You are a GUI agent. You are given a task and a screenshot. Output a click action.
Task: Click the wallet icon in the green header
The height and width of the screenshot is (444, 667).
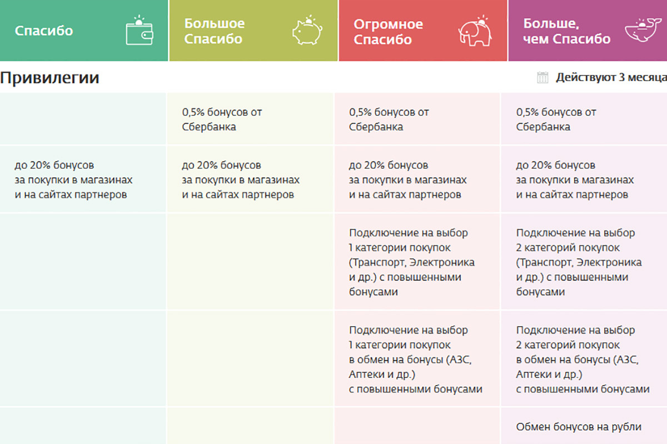pos(140,31)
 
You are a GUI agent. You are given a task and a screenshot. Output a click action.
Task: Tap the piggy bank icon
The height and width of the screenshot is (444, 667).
pos(307,31)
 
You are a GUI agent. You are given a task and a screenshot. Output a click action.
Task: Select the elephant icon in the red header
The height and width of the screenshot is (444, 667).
pos(475,31)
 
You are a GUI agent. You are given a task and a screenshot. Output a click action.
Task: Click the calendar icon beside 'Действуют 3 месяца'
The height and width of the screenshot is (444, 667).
pos(542,78)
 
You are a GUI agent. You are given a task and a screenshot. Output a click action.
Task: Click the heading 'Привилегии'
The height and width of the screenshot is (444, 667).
pos(50,78)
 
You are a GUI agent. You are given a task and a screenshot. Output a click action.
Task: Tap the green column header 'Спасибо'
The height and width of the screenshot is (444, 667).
pos(44,31)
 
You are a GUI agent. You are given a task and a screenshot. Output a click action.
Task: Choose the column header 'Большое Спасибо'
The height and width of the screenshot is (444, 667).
pos(215,31)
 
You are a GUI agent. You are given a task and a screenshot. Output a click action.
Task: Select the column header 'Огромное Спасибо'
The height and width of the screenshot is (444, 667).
pos(388,32)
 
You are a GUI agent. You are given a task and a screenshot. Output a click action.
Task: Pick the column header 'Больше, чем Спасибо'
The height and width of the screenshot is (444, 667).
pos(566,31)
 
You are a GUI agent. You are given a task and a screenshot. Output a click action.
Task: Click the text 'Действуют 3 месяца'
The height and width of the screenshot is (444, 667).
pos(611,78)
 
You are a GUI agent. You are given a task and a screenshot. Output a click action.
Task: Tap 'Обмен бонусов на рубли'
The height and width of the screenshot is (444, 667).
pos(579,427)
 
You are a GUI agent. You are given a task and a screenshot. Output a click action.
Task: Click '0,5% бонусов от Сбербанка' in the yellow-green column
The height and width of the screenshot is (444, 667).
pos(222,119)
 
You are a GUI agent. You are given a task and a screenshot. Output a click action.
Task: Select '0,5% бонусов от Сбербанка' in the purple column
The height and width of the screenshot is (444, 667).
pos(556,119)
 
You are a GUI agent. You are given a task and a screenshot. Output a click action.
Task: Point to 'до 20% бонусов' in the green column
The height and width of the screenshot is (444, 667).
pos(54,165)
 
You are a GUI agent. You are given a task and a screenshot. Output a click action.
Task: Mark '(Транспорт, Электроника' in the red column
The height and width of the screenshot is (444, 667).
pos(412,263)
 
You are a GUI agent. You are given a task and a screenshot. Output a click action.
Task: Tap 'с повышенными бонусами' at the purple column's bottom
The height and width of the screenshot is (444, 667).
pos(583,389)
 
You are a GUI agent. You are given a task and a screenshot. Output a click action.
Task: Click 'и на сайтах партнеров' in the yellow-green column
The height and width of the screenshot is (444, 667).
pos(238,195)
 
